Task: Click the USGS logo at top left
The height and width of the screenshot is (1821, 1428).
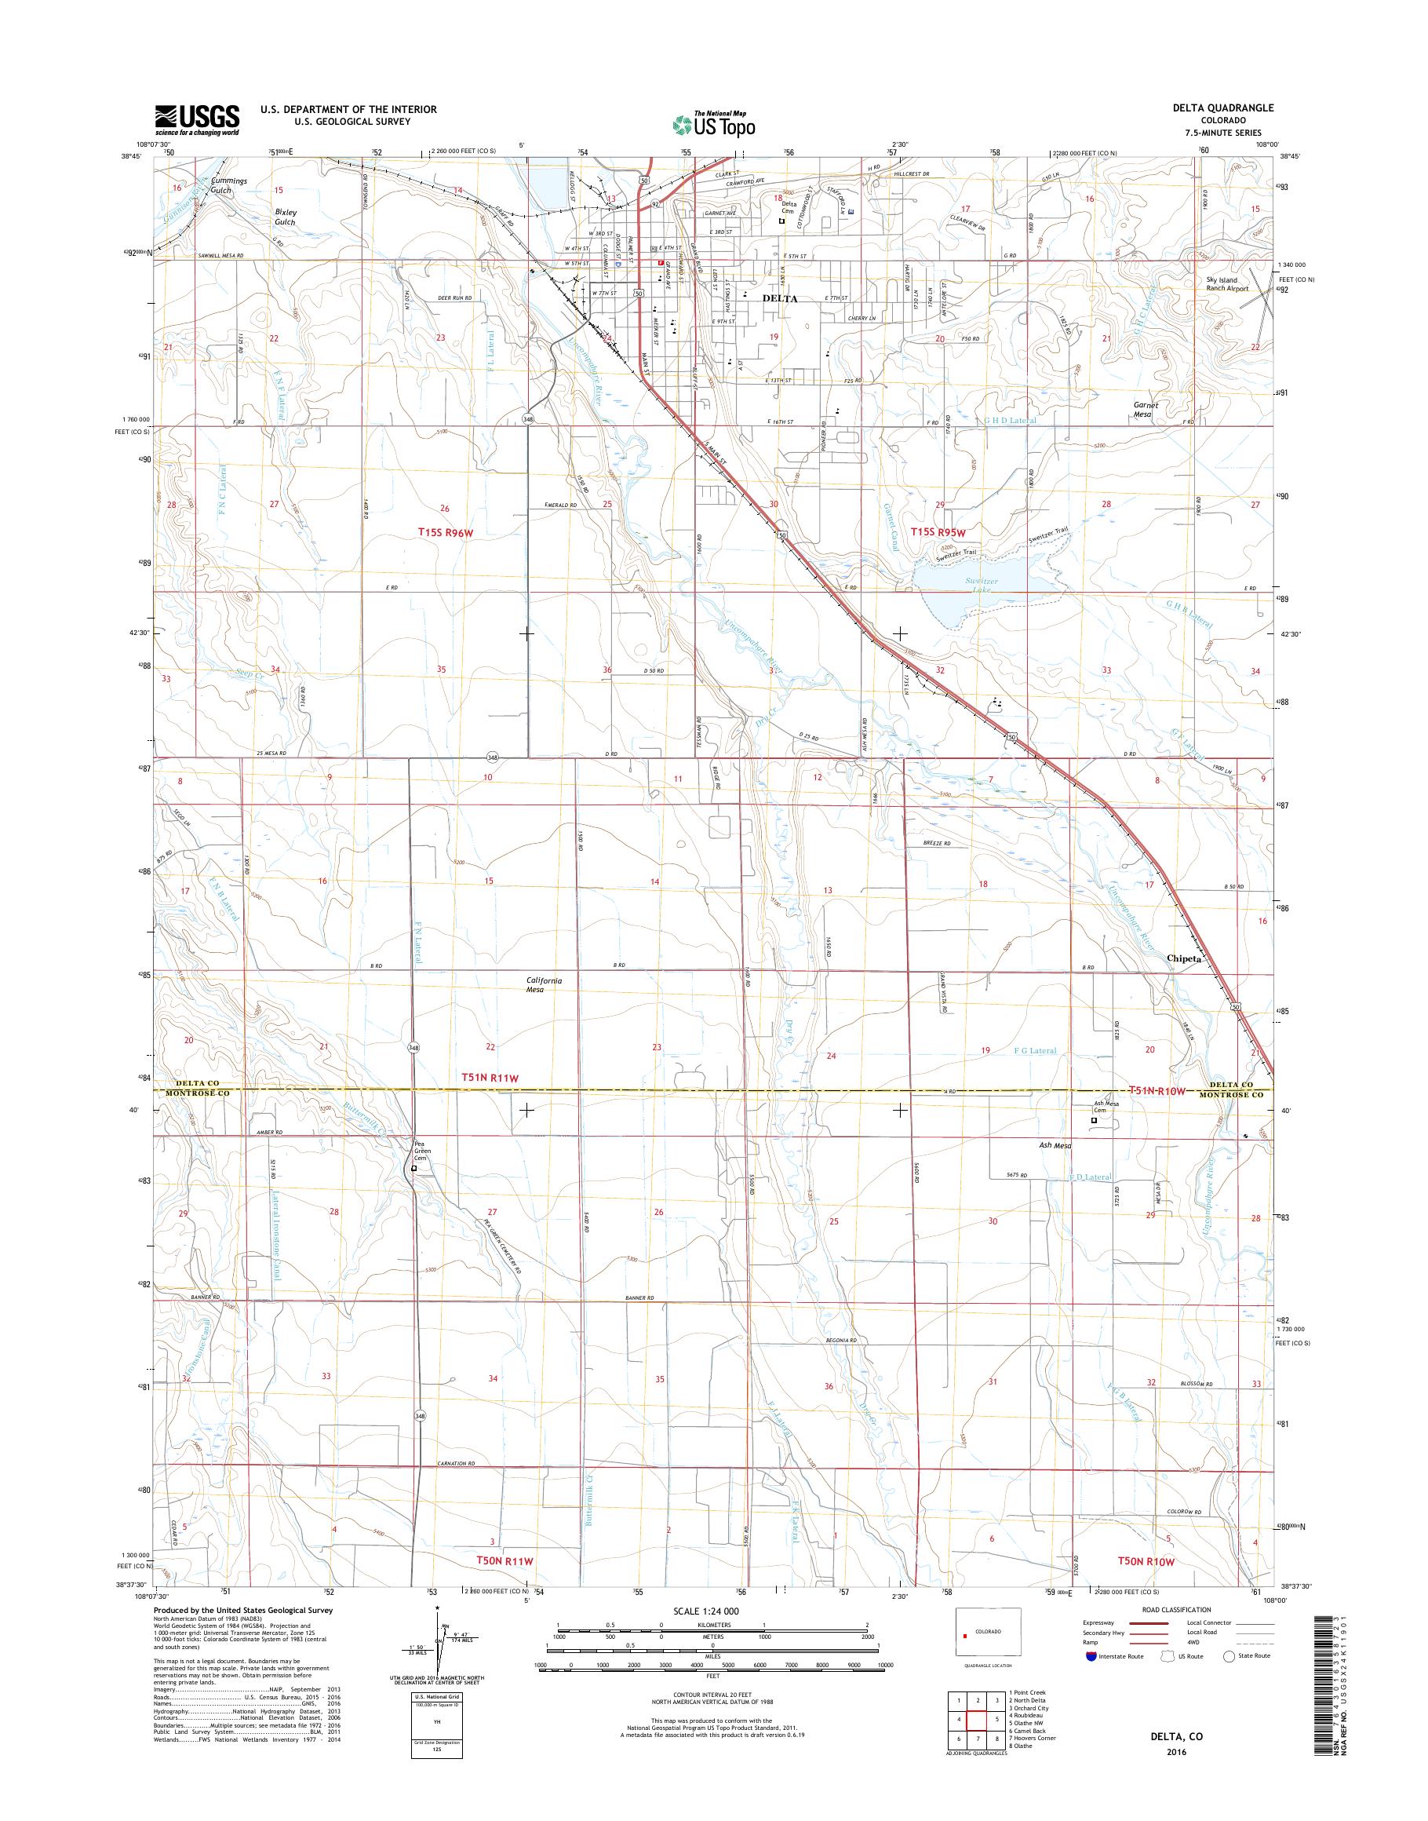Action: point(196,119)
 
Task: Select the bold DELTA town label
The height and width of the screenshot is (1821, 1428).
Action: point(779,298)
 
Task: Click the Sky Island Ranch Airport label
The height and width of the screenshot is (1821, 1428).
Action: point(1226,284)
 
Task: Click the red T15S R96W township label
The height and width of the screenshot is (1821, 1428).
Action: point(451,531)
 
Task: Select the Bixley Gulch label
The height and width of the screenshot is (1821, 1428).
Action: point(285,217)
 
